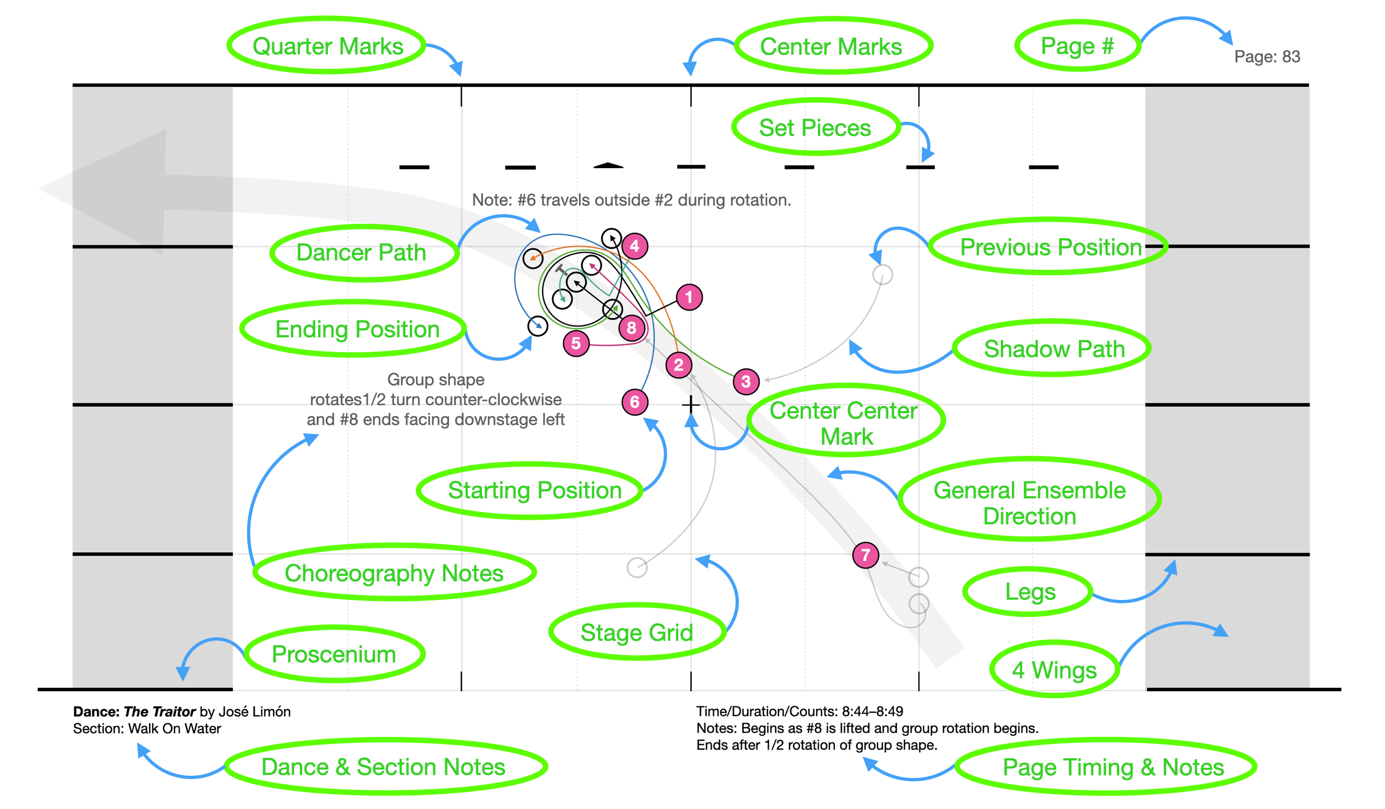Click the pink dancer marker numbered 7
coord(865,555)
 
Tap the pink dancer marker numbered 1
coord(689,298)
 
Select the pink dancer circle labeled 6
coord(634,402)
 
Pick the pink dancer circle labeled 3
coord(746,382)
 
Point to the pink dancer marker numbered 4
coord(635,246)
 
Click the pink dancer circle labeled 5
coord(576,344)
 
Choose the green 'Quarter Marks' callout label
coord(327,46)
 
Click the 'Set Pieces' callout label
coord(815,128)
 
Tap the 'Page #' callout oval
coord(1077,46)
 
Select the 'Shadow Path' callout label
coord(1054,349)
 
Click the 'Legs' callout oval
coord(1030,592)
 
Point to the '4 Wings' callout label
coord(1054,670)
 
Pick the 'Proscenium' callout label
coord(333,655)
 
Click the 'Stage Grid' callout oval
coord(636,633)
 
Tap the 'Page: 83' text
coord(1266,57)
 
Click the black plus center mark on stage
coord(691,405)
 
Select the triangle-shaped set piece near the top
coord(608,165)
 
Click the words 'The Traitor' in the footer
coord(159,712)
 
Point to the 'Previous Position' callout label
coord(1050,247)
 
